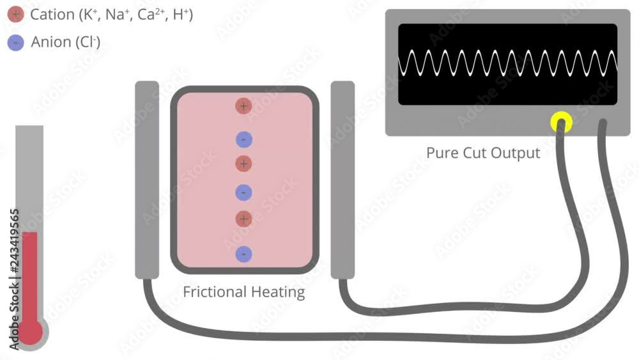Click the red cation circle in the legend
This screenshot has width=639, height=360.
click(x=16, y=15)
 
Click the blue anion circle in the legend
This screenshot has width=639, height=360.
click(x=16, y=42)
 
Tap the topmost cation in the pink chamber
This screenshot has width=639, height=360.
click(x=243, y=106)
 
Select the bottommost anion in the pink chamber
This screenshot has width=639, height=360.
click(x=243, y=254)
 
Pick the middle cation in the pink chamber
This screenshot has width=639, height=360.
click(x=243, y=164)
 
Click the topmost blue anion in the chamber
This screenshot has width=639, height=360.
click(x=243, y=139)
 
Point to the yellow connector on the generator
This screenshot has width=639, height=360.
click(x=562, y=121)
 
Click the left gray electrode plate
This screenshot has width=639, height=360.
click(x=147, y=180)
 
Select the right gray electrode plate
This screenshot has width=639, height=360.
click(x=343, y=180)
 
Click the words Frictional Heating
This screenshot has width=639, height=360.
click(x=243, y=292)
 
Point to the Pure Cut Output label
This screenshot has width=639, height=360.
click(x=483, y=153)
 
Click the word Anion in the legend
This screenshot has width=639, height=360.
click(x=51, y=42)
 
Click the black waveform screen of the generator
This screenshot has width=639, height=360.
click(x=507, y=64)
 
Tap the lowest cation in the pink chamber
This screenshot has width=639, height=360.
click(x=243, y=219)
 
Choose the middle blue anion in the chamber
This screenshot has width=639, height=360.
click(x=243, y=192)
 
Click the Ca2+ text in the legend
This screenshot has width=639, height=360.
click(x=151, y=15)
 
